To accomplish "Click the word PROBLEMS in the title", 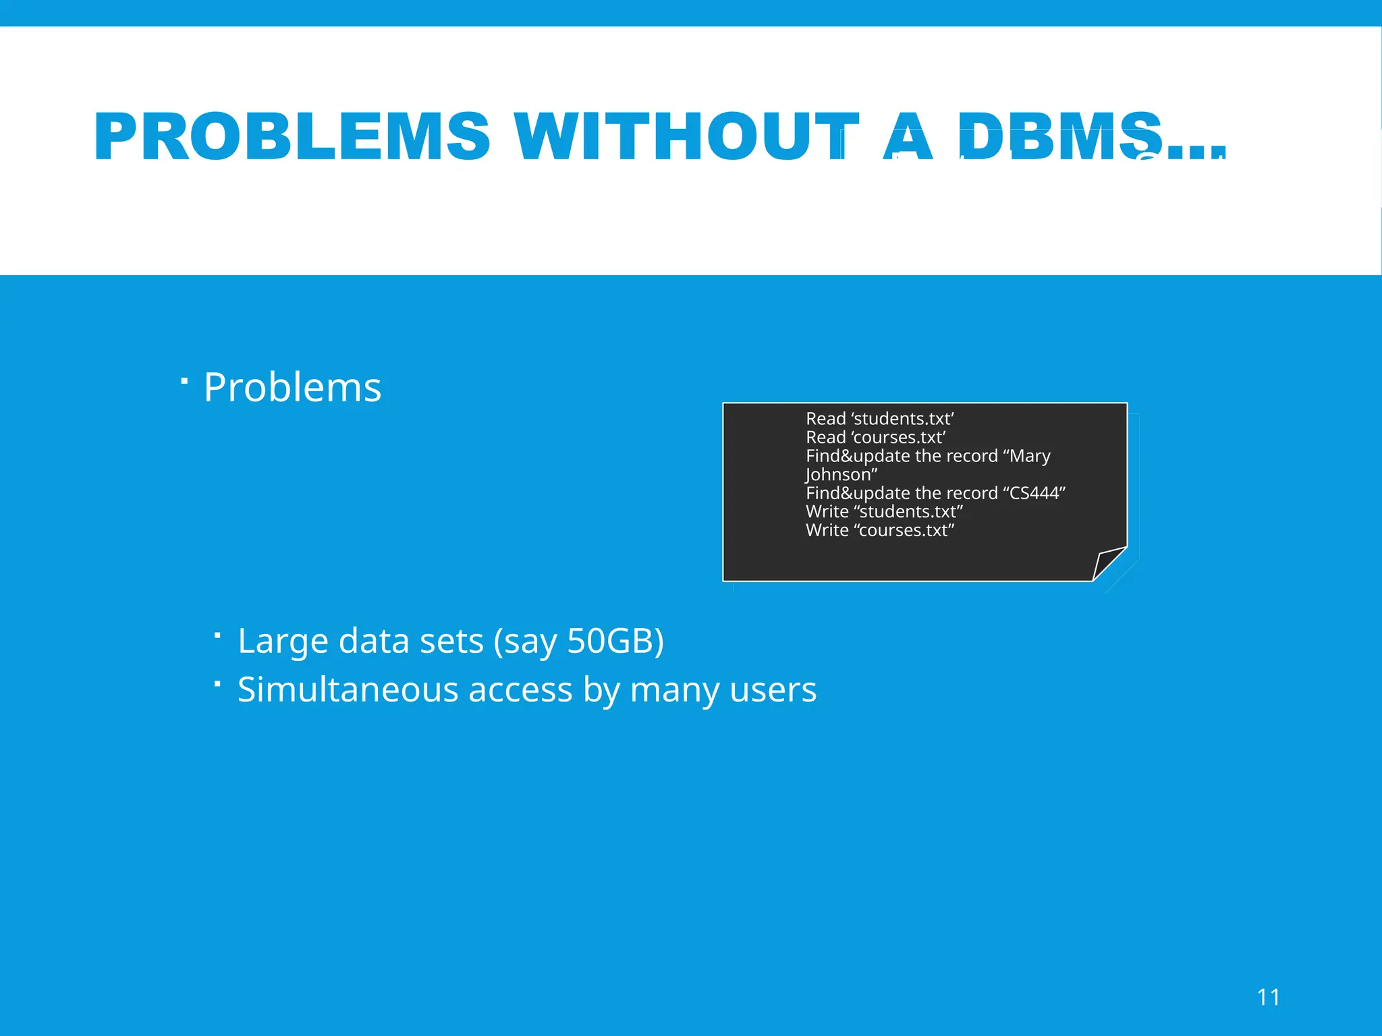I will click(x=292, y=137).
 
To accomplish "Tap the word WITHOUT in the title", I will click(x=686, y=137).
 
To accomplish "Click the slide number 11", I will click(x=1269, y=997).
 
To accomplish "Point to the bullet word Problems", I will click(x=292, y=388).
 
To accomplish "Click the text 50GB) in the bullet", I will click(x=615, y=641).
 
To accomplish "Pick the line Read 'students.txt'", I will click(x=879, y=419).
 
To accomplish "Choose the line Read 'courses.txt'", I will click(x=875, y=437).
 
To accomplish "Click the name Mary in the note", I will click(x=1030, y=456).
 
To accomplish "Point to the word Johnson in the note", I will click(x=839, y=475).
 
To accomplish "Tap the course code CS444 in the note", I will click(x=1034, y=493).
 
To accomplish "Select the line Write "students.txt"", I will click(x=884, y=511).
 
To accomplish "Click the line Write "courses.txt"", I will click(x=880, y=530).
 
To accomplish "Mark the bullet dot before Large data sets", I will click(x=217, y=635).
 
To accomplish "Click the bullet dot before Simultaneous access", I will click(x=217, y=684).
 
